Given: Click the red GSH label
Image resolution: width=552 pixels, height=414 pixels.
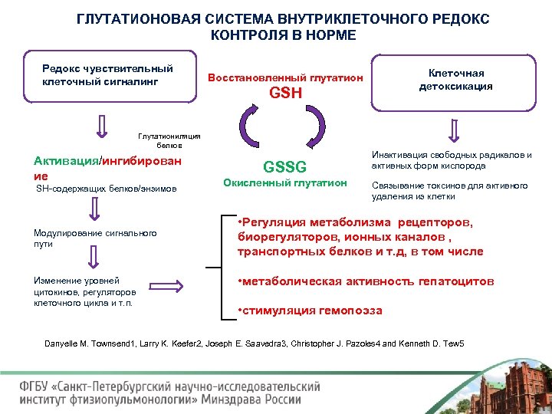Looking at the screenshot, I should click(285, 94).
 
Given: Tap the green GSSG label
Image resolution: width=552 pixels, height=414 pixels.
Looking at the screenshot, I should click(284, 167).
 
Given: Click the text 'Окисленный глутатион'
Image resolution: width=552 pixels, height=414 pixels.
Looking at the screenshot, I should click(284, 183).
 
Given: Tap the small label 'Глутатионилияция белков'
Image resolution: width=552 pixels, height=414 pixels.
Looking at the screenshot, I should click(169, 140).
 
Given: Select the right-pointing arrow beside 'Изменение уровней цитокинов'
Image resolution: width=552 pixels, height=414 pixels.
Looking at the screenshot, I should click(186, 287).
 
